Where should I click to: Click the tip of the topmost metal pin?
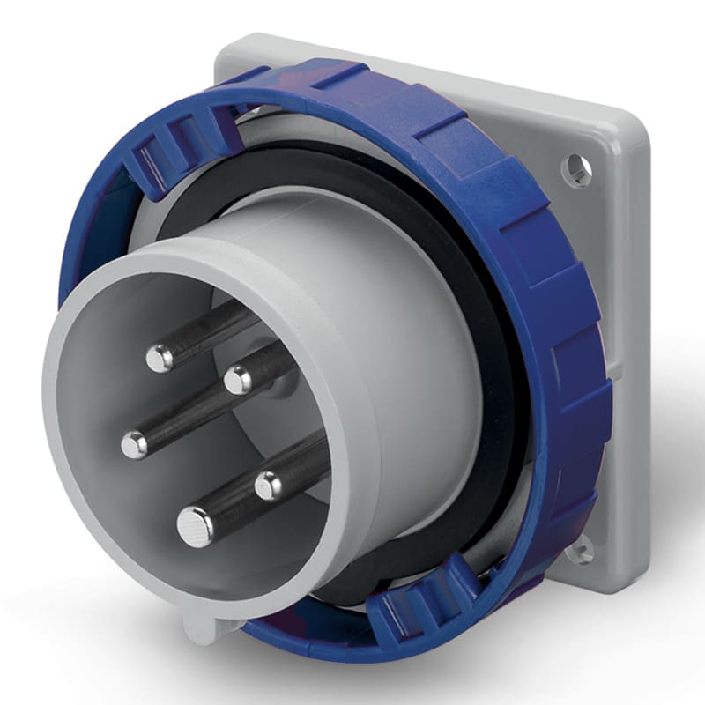pyautogui.click(x=160, y=357)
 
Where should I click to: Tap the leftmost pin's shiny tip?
pyautogui.click(x=134, y=445)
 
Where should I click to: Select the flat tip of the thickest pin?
pyautogui.click(x=195, y=527)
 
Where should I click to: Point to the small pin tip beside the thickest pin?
pyautogui.click(x=268, y=485)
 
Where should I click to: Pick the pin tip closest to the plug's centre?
pyautogui.click(x=237, y=381)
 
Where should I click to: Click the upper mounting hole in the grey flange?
pyautogui.click(x=576, y=169)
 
